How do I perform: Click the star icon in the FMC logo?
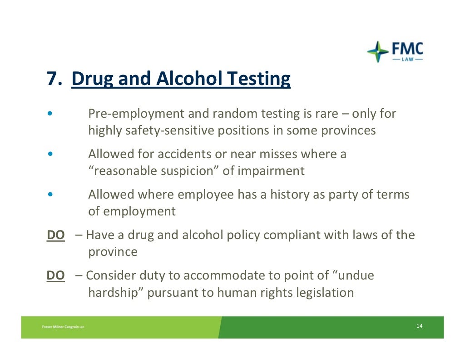[378, 52]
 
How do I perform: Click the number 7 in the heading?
[51, 79]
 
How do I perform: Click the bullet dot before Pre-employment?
[51, 114]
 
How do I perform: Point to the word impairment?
[271, 171]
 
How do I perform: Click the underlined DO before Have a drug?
[55, 235]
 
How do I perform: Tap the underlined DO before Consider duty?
[55, 275]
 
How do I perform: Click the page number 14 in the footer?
[419, 326]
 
